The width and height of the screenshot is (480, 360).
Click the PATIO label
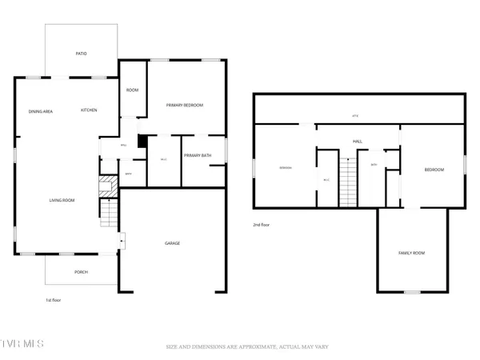pos(81,54)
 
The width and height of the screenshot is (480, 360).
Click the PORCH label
pos(81,272)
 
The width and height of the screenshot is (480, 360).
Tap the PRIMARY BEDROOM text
pos(185,106)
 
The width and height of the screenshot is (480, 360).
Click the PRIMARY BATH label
pos(196,156)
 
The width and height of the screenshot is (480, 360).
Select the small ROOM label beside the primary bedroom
pos(132,90)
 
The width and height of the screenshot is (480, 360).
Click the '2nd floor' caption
pos(261,225)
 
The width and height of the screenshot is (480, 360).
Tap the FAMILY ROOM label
pos(411,254)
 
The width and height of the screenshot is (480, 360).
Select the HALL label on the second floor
pos(358,142)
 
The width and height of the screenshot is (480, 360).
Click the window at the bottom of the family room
pos(411,292)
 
